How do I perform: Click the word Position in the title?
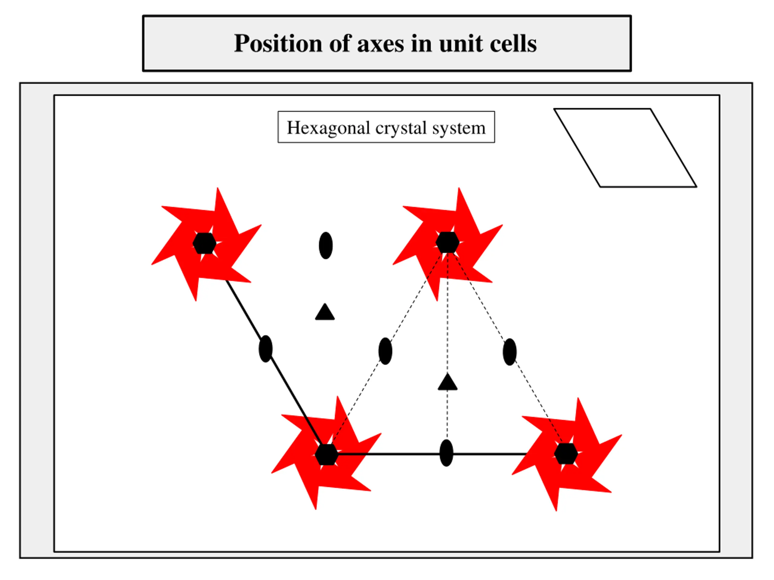pos(278,44)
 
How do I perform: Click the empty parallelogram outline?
pos(625,148)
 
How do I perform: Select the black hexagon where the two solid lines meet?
pos(327,455)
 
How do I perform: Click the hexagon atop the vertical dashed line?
pos(447,242)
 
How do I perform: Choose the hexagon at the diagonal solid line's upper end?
pos(204,243)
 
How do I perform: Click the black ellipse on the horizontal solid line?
pos(446,453)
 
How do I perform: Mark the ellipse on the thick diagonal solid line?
pos(265,349)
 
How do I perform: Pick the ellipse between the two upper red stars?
pos(326,245)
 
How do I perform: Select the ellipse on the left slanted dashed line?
pos(385,351)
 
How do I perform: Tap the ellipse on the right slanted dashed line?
pos(509,352)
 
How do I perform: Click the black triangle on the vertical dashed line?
pos(447,382)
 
